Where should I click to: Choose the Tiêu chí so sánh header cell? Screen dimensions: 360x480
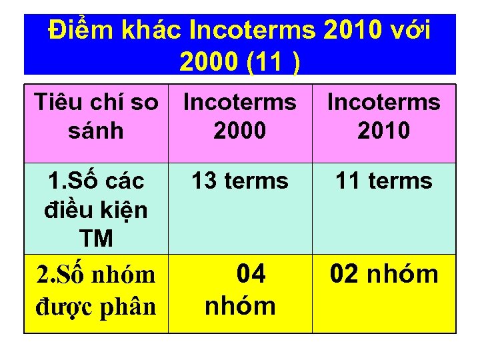pyautogui.click(x=96, y=116)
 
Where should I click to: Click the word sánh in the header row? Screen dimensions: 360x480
pyautogui.click(x=96, y=131)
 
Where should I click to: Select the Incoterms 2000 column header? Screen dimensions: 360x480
pyautogui.click(x=240, y=116)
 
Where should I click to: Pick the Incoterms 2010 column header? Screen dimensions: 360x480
pyautogui.click(x=384, y=116)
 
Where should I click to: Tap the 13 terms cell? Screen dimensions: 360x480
pyautogui.click(x=240, y=181)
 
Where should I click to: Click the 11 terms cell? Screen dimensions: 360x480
pyautogui.click(x=384, y=181)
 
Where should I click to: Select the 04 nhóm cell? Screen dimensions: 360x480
pyautogui.click(x=240, y=290)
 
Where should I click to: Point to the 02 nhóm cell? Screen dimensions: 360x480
pyautogui.click(x=384, y=274)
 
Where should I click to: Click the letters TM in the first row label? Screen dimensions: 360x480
pyautogui.click(x=96, y=238)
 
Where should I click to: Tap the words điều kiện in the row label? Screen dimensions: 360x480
pyautogui.click(x=96, y=210)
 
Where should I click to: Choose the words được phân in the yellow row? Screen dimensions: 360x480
pyautogui.click(x=96, y=305)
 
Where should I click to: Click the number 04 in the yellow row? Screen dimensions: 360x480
pyautogui.click(x=251, y=274)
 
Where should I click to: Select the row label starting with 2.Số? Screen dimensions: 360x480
pyautogui.click(x=96, y=290)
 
